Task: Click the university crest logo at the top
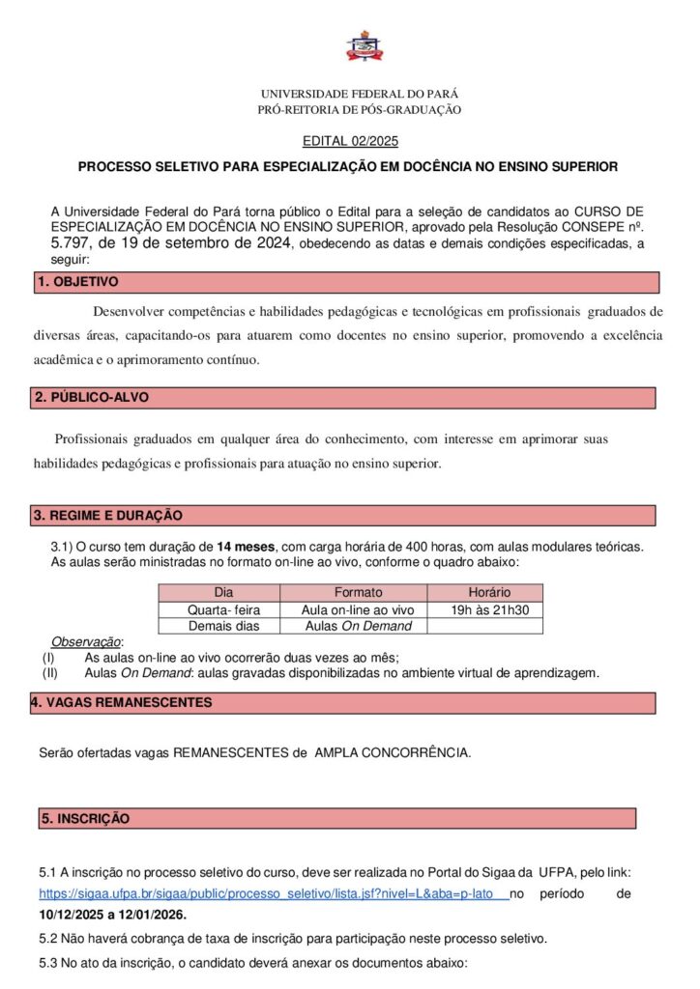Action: [364, 45]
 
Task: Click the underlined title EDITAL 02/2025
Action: [350, 141]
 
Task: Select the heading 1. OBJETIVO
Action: [77, 282]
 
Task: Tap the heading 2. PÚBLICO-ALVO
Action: [92, 398]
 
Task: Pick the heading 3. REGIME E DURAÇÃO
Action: [108, 516]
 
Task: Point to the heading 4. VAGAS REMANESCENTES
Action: [121, 702]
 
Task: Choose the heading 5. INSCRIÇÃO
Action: [85, 818]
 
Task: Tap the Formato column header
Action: [358, 592]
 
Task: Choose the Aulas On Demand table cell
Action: [358, 626]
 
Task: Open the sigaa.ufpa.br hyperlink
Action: [271, 894]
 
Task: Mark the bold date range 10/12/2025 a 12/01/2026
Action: [113, 914]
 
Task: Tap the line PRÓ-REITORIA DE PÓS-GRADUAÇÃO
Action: [360, 110]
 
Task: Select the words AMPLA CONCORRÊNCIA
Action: [393, 751]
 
